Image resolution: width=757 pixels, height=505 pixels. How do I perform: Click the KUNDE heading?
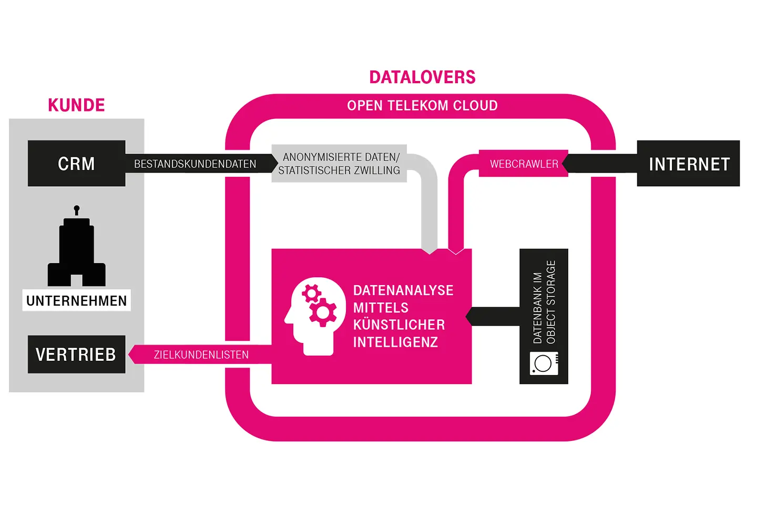pyautogui.click(x=76, y=105)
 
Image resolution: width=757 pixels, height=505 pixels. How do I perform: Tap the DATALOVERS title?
pyautogui.click(x=422, y=77)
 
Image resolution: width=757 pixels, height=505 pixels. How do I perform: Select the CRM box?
pyautogui.click(x=76, y=164)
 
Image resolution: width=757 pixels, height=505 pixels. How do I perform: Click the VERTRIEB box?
pyautogui.click(x=76, y=355)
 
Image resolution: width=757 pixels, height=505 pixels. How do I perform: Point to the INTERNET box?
pyautogui.click(x=689, y=164)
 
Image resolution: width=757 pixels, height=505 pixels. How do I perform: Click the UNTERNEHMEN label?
pyautogui.click(x=76, y=300)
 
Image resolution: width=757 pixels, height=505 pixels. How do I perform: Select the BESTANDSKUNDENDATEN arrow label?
pyautogui.click(x=195, y=164)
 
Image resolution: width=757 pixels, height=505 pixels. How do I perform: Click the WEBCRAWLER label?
pyautogui.click(x=524, y=164)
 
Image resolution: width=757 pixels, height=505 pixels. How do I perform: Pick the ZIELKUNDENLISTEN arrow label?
pyautogui.click(x=201, y=355)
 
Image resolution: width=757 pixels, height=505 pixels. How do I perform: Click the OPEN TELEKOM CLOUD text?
pyautogui.click(x=422, y=106)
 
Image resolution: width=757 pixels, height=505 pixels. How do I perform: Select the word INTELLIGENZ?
pyautogui.click(x=395, y=342)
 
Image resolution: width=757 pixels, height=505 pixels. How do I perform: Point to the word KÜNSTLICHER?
pyautogui.click(x=399, y=325)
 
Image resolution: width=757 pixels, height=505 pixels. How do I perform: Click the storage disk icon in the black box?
pyautogui.click(x=544, y=363)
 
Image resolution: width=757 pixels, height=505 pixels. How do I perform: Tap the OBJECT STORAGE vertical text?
pyautogui.click(x=551, y=302)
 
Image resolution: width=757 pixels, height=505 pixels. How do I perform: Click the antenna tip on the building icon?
pyautogui.click(x=77, y=208)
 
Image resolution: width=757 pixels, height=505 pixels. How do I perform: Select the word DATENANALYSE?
pyautogui.click(x=403, y=290)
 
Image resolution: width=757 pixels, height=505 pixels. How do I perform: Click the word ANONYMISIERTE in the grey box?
pyautogui.click(x=314, y=157)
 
